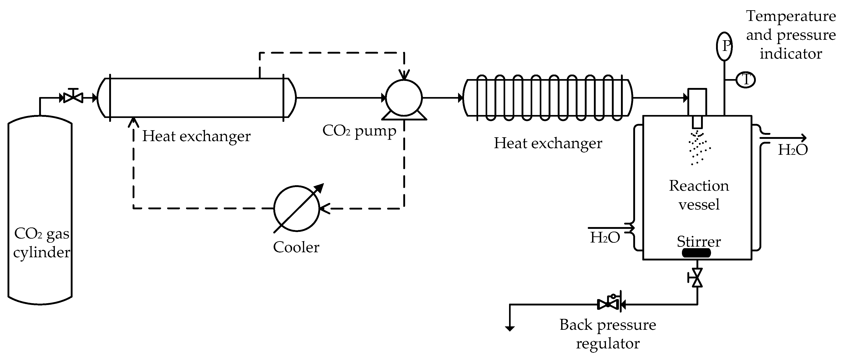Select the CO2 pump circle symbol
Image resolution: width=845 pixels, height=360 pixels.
point(404,97)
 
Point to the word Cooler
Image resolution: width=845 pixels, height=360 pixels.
point(296,247)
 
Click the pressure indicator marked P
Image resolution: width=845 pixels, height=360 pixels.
point(724,46)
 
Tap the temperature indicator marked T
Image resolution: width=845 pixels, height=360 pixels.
point(746,80)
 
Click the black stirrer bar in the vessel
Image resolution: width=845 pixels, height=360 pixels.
point(696,253)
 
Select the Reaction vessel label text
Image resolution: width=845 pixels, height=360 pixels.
point(699,195)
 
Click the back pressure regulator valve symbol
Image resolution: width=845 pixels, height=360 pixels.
point(609,304)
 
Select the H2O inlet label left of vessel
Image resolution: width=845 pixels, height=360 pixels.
point(605,237)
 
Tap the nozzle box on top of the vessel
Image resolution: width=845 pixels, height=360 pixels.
point(697,102)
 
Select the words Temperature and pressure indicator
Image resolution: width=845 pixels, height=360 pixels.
point(791,35)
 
